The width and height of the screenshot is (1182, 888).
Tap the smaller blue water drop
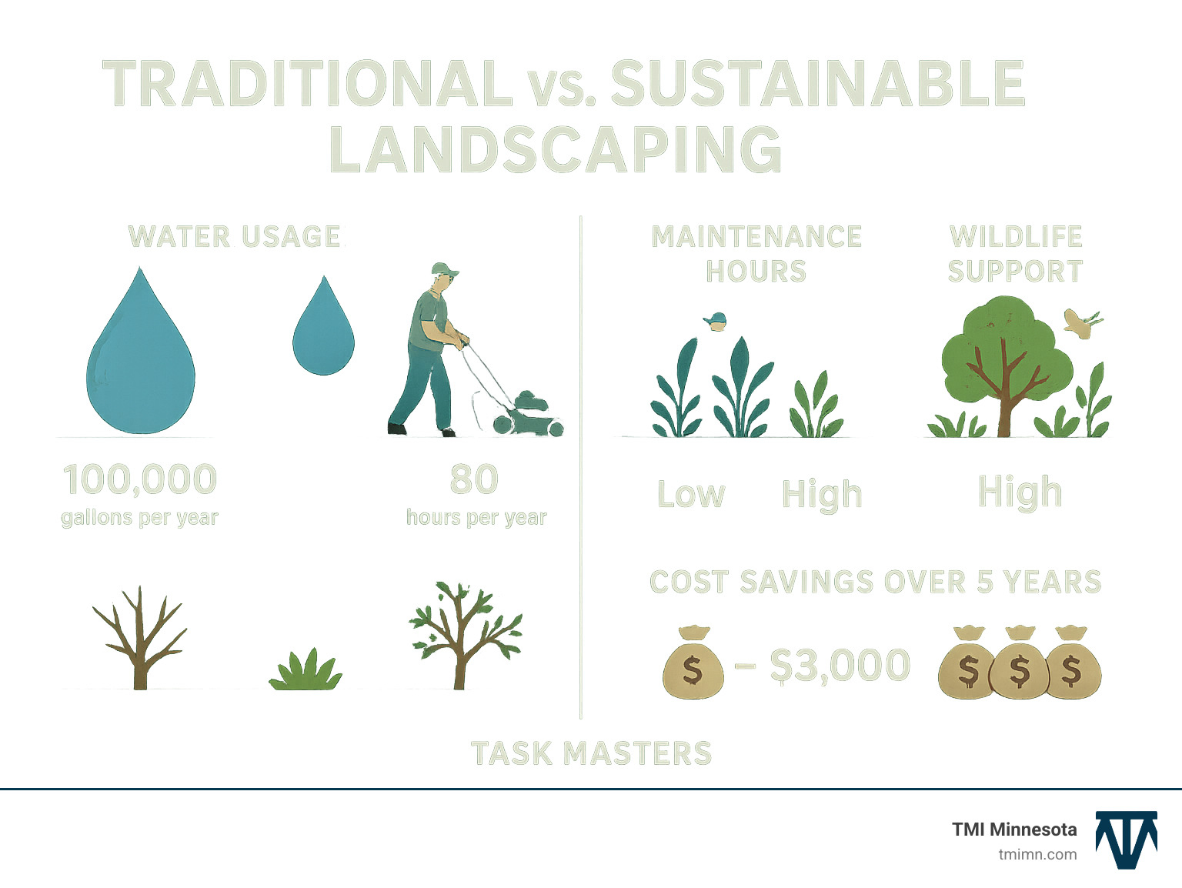323,335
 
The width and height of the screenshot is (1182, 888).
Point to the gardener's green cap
444,269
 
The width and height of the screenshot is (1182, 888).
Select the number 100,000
140,479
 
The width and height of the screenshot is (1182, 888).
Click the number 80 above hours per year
474,479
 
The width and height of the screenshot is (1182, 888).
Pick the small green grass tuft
306,671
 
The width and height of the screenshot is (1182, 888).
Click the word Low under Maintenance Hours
691,494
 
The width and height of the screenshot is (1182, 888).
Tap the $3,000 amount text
840,666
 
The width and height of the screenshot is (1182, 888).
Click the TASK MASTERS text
591,753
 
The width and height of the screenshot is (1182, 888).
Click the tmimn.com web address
1037,854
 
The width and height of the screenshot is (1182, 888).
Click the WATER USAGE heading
235,236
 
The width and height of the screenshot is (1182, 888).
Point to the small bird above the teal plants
716,321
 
